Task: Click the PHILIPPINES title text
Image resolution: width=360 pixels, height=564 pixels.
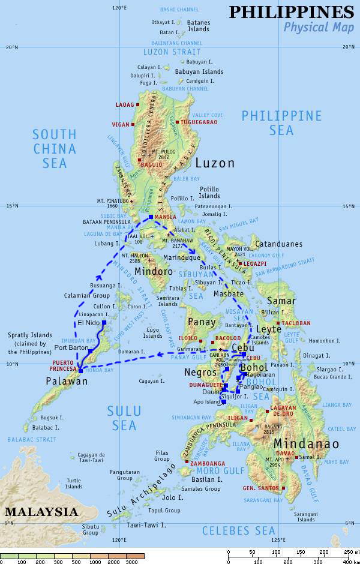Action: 291,12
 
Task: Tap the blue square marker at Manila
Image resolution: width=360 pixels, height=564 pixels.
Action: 151,217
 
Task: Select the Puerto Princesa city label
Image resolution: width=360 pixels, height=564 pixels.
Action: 63,366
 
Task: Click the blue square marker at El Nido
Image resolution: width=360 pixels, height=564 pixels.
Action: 104,323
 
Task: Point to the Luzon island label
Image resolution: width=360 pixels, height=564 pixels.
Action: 215,163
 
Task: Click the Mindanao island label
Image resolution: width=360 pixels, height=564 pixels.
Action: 306,444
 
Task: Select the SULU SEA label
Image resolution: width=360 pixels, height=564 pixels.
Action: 124,418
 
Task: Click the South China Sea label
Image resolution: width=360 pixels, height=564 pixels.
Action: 55,148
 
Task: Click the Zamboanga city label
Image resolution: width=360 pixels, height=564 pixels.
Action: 208,463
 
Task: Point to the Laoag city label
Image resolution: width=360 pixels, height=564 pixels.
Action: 125,105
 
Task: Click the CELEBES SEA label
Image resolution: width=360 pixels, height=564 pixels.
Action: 238,530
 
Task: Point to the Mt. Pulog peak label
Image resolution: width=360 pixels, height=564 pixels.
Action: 164,154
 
